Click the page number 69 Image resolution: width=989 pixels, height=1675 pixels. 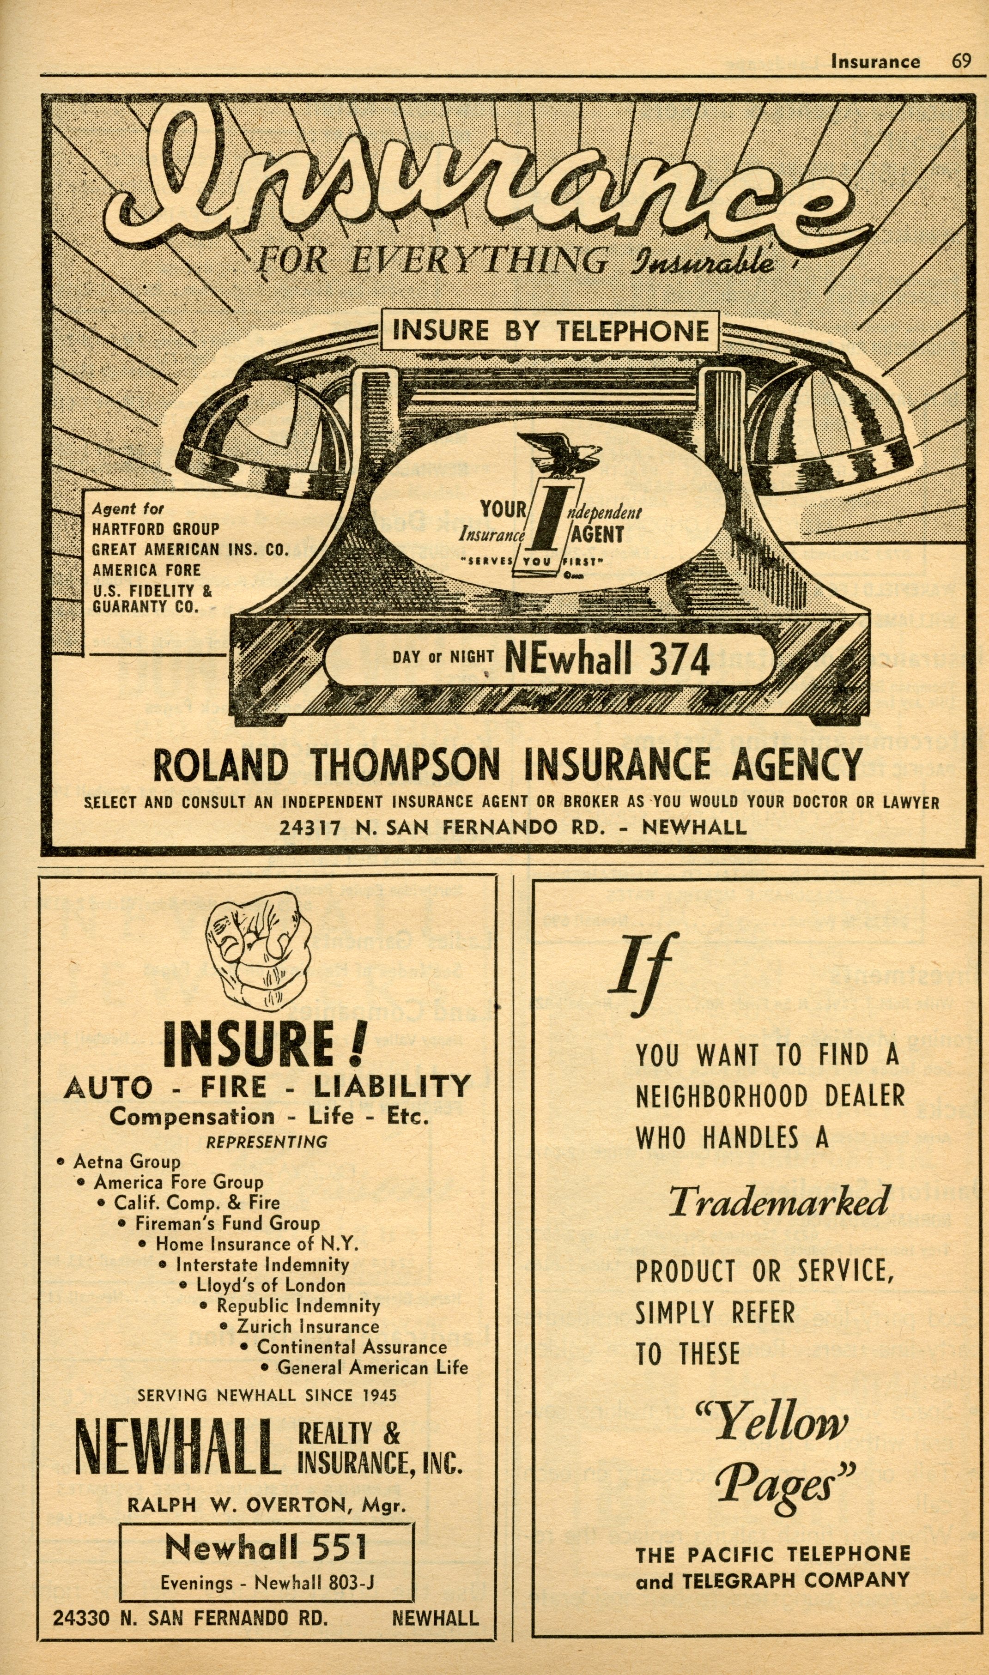tap(960, 61)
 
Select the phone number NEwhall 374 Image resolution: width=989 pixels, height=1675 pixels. tap(607, 659)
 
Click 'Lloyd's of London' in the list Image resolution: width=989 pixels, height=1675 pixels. tap(271, 1285)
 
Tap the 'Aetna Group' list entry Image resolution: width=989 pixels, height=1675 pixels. tap(127, 1161)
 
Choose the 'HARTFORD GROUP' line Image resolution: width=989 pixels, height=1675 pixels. tap(155, 529)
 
